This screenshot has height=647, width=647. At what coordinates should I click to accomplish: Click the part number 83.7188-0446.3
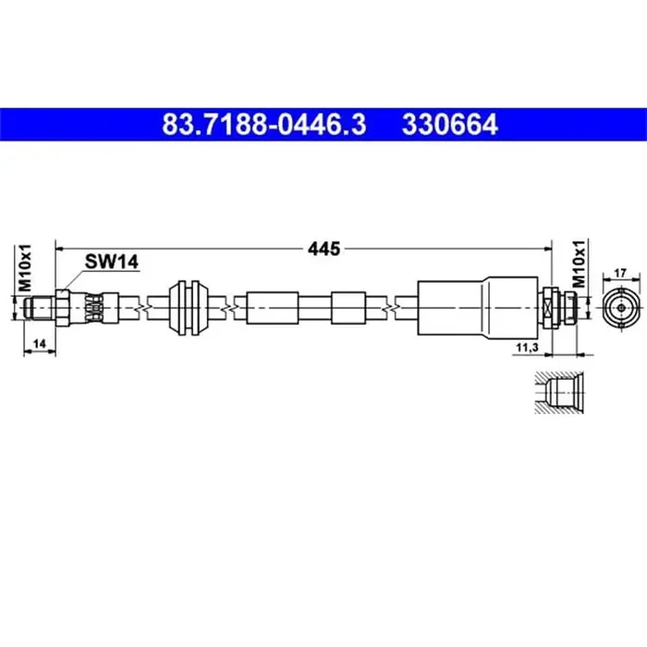click(x=263, y=124)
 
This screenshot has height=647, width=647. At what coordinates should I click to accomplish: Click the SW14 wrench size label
click(x=111, y=262)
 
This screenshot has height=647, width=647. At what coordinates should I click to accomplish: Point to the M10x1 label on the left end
click(x=26, y=268)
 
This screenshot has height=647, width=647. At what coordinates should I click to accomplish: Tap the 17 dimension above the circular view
click(x=620, y=273)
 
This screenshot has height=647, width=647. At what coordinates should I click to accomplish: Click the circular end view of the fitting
click(x=620, y=306)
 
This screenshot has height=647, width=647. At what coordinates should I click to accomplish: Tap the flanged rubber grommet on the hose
click(x=190, y=306)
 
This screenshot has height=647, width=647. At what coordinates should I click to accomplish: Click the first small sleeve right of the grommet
click(x=272, y=306)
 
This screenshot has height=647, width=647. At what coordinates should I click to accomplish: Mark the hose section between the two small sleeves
click(x=314, y=306)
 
